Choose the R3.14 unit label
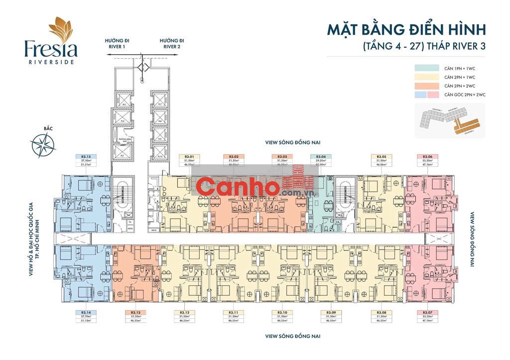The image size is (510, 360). point(86,313)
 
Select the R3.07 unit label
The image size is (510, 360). point(427,313)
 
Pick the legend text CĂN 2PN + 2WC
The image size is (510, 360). point(460,86)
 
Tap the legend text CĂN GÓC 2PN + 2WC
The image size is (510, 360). point(465,94)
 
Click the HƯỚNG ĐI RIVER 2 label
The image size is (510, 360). point(172,43)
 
